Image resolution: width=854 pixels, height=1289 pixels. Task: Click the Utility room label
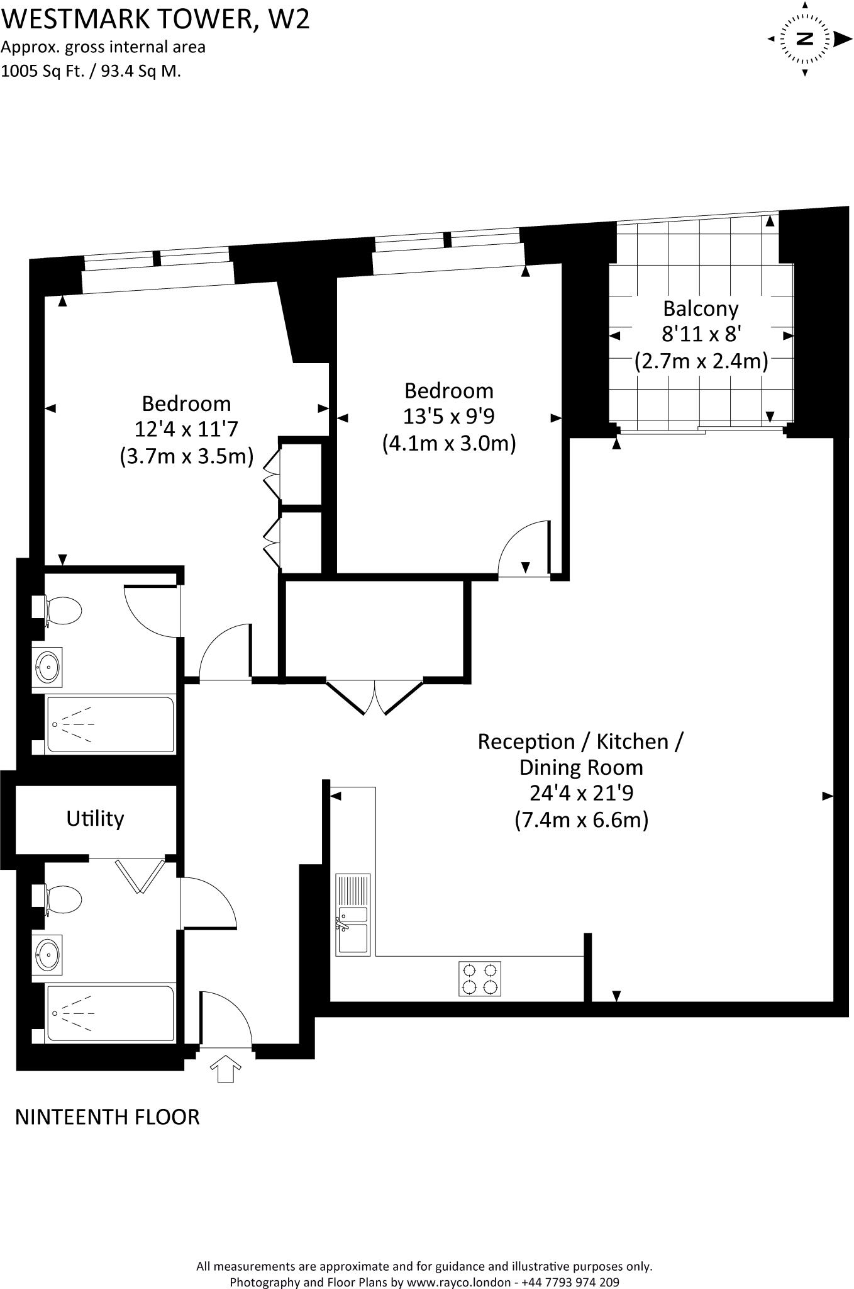(95, 818)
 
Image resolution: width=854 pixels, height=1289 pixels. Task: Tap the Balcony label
(701, 309)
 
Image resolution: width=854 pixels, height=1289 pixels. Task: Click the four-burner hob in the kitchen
(480, 979)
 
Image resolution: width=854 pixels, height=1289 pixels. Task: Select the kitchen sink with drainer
(353, 914)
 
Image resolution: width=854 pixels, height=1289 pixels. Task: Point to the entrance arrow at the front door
(225, 1068)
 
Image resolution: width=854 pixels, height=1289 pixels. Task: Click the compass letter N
(805, 39)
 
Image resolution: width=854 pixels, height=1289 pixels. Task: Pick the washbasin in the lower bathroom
(47, 954)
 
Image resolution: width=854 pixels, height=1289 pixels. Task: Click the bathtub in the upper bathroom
(111, 724)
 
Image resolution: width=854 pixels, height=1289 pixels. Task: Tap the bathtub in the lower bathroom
(111, 1013)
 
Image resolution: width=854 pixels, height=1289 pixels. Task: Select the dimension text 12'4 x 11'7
(186, 429)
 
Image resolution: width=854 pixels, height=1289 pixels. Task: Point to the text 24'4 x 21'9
(580, 793)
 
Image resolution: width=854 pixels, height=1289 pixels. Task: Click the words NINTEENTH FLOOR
(107, 1117)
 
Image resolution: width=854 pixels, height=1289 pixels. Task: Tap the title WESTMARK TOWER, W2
(155, 19)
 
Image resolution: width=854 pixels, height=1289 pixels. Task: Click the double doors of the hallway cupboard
(375, 697)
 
